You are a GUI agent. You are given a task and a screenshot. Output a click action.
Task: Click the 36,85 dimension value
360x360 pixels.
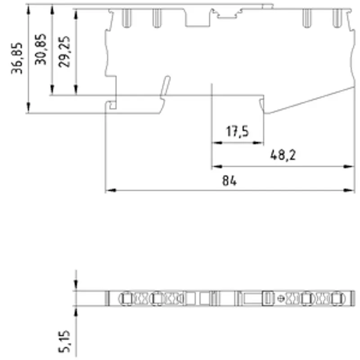click(17, 58)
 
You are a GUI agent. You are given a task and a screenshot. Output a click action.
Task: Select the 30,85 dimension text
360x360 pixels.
click(40, 49)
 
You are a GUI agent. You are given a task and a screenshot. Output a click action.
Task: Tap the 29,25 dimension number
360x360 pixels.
click(64, 52)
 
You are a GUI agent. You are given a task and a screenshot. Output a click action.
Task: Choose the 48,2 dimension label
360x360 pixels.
click(283, 155)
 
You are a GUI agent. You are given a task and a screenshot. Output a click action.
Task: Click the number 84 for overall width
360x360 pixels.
click(229, 181)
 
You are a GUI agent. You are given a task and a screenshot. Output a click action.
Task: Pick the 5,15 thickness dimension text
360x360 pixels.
click(64, 341)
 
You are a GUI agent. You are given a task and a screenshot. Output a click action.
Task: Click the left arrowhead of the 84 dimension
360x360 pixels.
click(111, 190)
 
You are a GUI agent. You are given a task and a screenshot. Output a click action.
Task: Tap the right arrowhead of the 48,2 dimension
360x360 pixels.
click(349, 166)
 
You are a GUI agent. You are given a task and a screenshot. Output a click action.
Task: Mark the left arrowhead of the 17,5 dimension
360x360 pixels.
click(217, 143)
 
